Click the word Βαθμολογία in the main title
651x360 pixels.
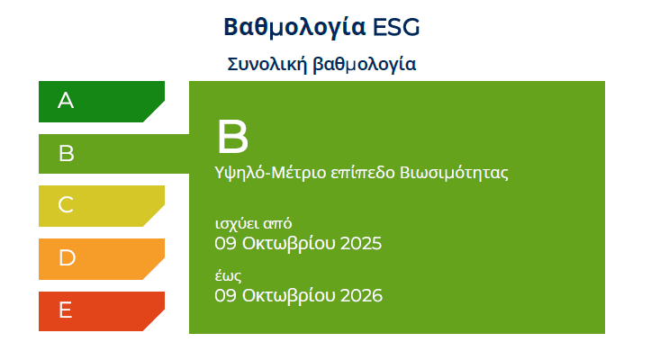[294, 28]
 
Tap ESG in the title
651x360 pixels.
[396, 28]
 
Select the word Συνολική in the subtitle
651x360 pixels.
[267, 64]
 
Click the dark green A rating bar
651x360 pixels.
[102, 102]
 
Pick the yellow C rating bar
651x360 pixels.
[102, 206]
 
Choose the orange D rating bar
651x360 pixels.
[102, 259]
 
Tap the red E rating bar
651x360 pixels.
[102, 311]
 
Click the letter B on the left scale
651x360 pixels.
[67, 154]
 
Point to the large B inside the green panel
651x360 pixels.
[232, 137]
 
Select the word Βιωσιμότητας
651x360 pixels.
[454, 172]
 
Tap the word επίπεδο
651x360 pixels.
[363, 173]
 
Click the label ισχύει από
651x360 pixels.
[253, 224]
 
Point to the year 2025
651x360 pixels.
[361, 243]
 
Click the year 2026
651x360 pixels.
[361, 295]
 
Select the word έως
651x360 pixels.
[228, 276]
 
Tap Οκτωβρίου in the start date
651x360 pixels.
[288, 244]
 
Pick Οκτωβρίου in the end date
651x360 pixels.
[288, 296]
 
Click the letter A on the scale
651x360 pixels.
[66, 101]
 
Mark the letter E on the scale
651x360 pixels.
[65, 310]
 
